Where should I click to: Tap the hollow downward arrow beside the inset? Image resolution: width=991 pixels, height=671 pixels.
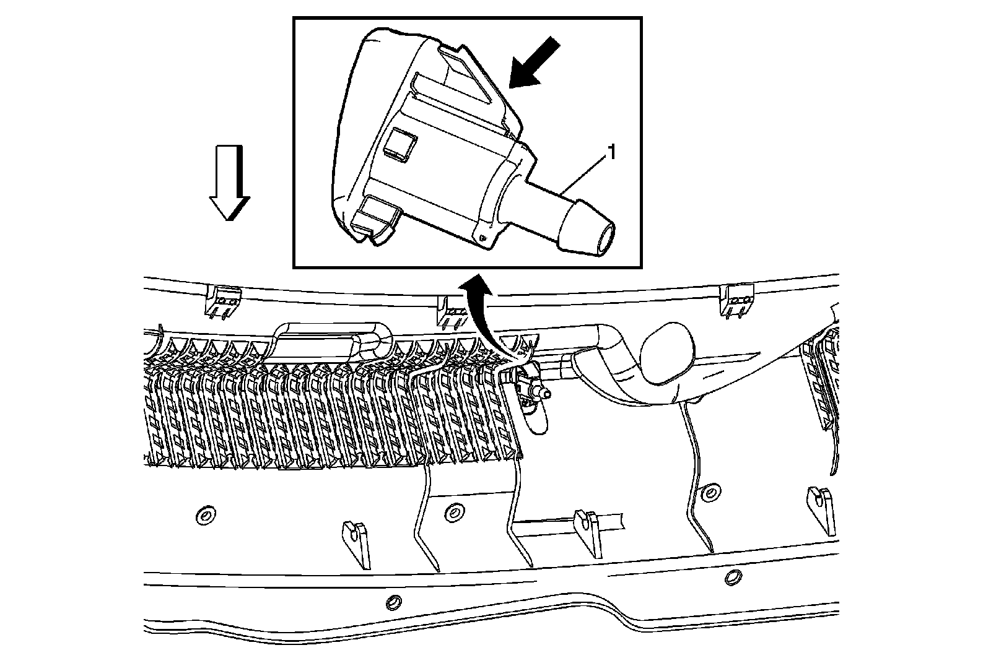[229, 183]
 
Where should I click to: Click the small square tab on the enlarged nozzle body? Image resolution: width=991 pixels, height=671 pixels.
[398, 145]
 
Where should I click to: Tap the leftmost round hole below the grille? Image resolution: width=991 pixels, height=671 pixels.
[204, 515]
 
